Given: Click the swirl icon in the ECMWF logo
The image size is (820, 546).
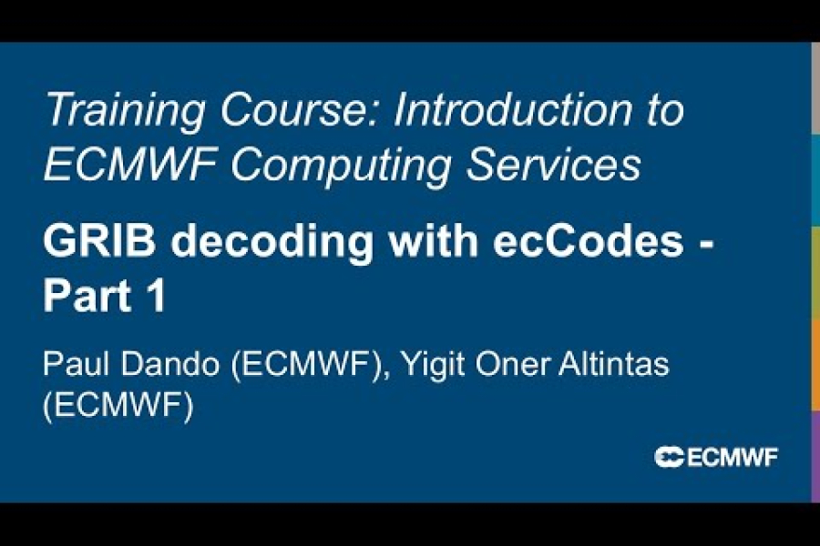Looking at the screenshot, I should coord(669,457).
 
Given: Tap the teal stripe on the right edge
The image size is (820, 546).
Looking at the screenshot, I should coord(815,179).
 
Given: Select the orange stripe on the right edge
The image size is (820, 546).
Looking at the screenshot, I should coord(815,363).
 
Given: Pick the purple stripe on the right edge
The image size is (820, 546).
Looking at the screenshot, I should coord(815,455).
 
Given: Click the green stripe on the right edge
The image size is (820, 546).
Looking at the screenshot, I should coord(815,271).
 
